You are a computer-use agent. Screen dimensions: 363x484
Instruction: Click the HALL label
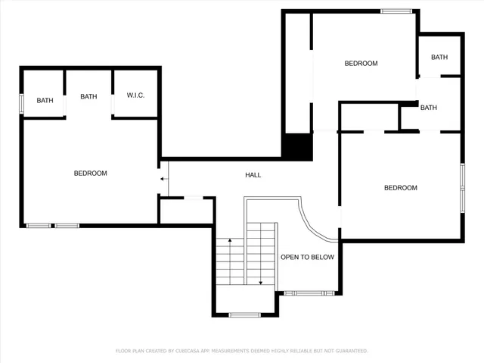(x=253, y=175)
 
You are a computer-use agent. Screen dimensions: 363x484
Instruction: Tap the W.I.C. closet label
(x=135, y=95)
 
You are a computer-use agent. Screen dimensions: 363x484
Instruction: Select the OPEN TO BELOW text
(x=307, y=257)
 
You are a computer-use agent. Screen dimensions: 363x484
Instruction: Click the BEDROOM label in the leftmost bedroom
(x=90, y=174)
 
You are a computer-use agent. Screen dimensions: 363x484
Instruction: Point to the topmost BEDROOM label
(x=361, y=64)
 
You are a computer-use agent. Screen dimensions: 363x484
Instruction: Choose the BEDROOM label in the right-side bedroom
(x=400, y=188)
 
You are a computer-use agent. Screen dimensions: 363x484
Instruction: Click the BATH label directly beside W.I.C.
(x=88, y=96)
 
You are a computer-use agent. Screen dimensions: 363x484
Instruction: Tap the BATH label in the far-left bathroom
(x=45, y=100)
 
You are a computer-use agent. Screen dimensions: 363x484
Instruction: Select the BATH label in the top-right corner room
(x=439, y=58)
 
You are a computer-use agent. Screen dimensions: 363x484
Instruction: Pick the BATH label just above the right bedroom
(x=429, y=108)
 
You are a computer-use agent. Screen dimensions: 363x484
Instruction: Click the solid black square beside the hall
(x=297, y=146)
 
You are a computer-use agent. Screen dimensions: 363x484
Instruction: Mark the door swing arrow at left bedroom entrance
(x=164, y=178)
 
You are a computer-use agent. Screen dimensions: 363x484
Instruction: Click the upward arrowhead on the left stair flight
(x=230, y=241)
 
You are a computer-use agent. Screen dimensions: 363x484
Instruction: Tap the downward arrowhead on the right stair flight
(x=261, y=282)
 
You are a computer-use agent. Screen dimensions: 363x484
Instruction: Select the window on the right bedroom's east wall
(x=462, y=186)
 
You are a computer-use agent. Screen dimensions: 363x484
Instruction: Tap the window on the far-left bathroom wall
(x=22, y=102)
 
